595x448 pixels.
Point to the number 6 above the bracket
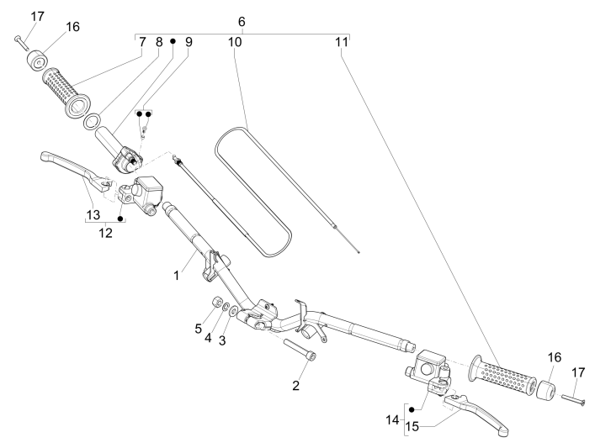tap(242, 19)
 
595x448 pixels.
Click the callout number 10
tap(235, 41)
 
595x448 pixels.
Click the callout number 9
tap(188, 41)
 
